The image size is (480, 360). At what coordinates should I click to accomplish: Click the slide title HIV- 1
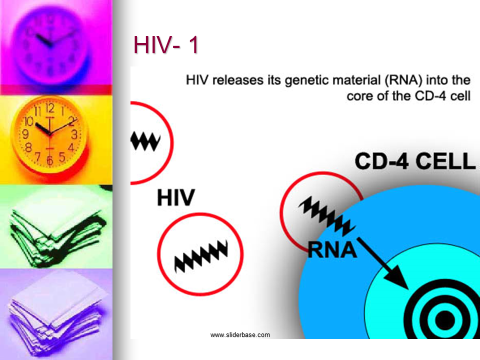coord(166,45)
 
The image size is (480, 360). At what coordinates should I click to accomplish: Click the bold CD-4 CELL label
coord(415,161)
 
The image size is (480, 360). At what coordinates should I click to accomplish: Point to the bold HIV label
coord(176,197)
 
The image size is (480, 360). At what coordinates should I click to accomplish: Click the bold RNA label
coord(332,250)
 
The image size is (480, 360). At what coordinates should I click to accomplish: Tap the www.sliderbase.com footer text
coord(240,335)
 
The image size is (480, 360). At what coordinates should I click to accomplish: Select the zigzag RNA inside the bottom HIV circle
coord(201,256)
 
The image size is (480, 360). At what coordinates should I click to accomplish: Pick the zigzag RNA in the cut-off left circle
coord(145,141)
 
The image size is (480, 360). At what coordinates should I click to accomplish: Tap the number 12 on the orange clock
coord(50,108)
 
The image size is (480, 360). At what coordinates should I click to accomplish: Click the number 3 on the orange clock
coord(74,134)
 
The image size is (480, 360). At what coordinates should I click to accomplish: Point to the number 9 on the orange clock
coord(25,134)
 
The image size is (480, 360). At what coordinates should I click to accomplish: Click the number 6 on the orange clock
coord(49,160)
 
